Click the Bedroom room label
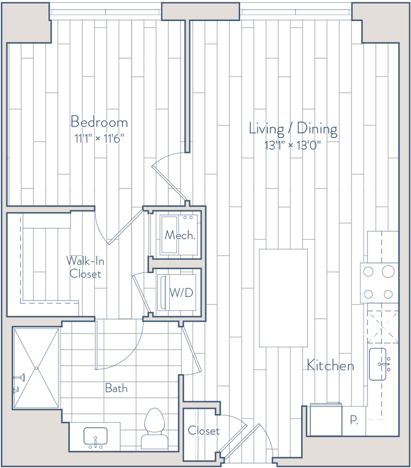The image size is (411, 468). point(100,122)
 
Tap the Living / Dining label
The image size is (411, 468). point(293,128)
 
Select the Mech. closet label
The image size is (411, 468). point(180,235)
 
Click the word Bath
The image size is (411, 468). point(117,389)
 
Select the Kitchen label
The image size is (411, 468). point(330,366)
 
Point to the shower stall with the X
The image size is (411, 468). point(37,368)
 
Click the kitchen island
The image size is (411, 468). point(283,298)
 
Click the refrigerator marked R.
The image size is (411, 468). point(354,420)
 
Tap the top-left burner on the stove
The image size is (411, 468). point(368,272)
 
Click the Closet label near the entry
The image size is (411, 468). point(203,431)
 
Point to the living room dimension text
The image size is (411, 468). point(293,145)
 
